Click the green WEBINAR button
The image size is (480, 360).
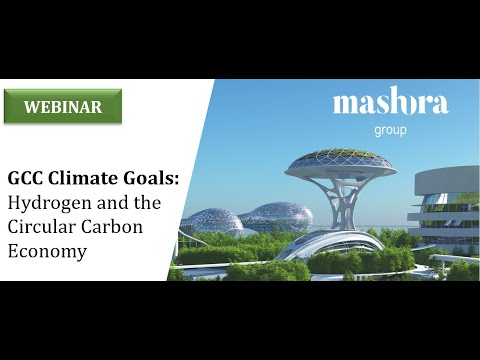[62, 107]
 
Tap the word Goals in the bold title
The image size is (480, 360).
[151, 179]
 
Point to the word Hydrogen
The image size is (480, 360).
[49, 203]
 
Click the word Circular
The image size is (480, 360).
[41, 227]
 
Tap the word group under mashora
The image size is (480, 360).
[390, 128]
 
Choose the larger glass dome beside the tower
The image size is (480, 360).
[275, 216]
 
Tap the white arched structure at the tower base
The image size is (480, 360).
[320, 243]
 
